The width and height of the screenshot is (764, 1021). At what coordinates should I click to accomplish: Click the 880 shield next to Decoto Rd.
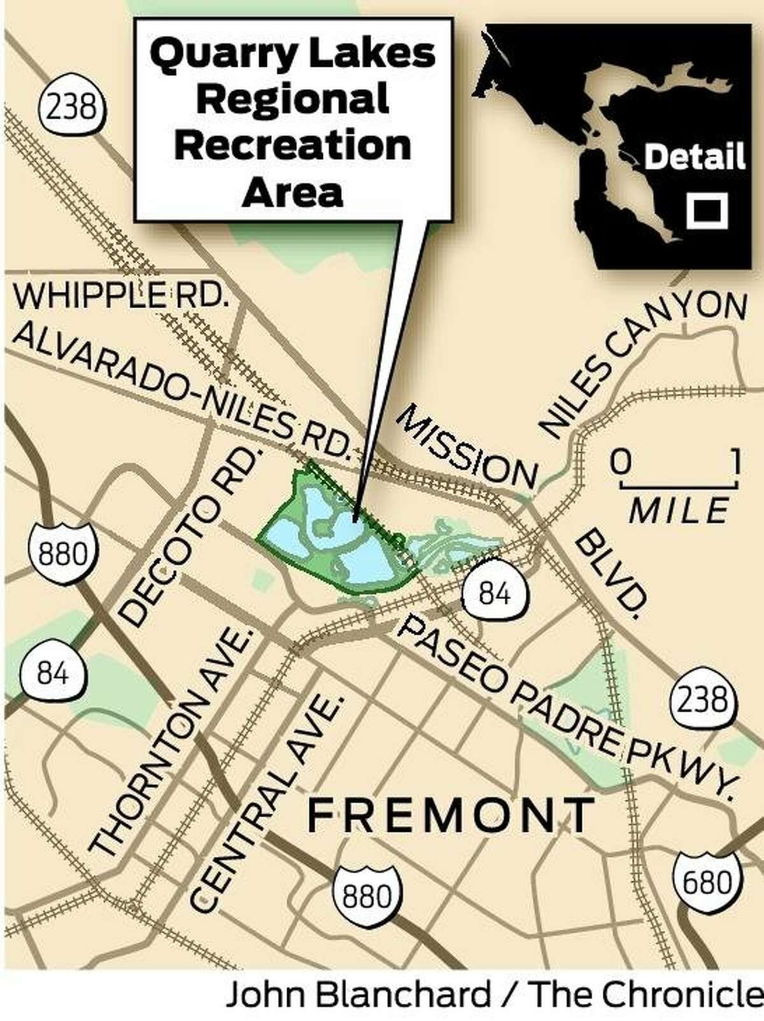pos(62,553)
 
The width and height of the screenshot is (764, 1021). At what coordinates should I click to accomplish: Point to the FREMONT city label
pos(451,815)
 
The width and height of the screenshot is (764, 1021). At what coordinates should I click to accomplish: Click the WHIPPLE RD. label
pos(121,296)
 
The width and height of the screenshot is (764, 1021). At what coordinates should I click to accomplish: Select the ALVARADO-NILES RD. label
pos(181,389)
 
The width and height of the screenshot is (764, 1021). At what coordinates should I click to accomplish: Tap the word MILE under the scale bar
pos(678,510)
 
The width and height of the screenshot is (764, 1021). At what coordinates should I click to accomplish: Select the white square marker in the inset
pos(707,209)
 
